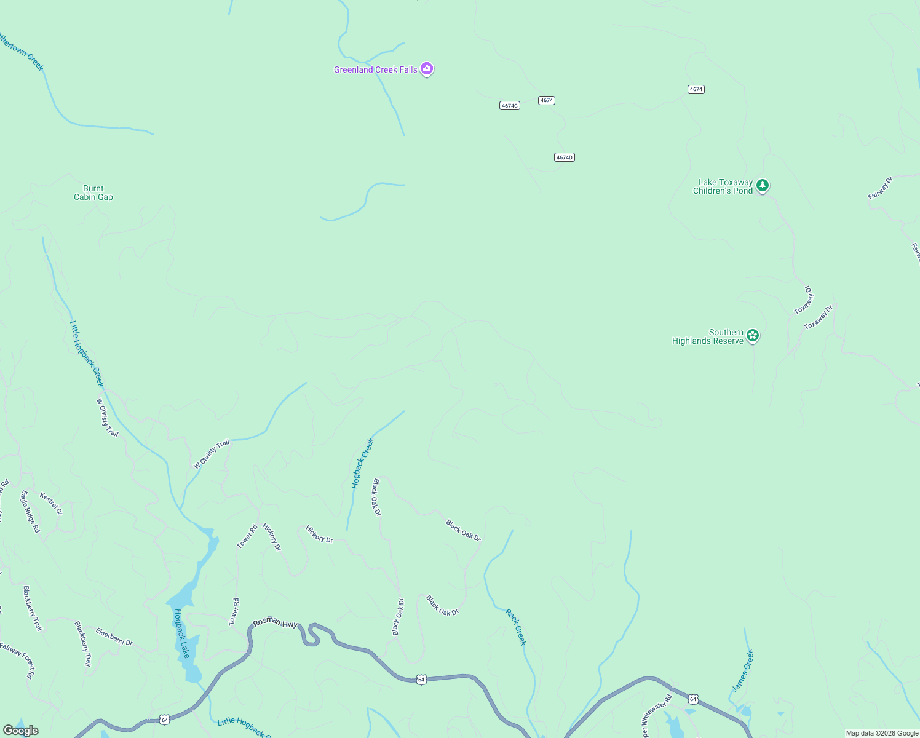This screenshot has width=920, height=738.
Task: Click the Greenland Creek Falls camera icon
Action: (427, 69)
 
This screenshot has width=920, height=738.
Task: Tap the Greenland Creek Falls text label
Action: (375, 70)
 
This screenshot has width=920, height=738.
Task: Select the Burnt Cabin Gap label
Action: (93, 193)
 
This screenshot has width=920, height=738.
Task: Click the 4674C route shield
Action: (510, 106)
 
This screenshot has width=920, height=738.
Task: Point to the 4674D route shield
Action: (564, 157)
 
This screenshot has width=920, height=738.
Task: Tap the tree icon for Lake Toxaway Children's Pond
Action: (763, 185)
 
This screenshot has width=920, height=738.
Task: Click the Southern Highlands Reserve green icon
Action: (753, 336)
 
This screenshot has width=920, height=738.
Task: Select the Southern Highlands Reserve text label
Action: (708, 337)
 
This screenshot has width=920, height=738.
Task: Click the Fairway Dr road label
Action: (880, 188)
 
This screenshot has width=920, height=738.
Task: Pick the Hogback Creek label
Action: (363, 464)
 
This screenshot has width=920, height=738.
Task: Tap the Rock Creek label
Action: (516, 627)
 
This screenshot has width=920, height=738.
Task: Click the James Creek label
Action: (743, 671)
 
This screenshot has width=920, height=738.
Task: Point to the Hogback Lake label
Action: (182, 633)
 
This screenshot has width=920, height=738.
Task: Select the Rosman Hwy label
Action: (276, 623)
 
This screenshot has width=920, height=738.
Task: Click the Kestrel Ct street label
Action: (51, 504)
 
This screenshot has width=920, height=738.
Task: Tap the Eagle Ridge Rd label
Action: (30, 511)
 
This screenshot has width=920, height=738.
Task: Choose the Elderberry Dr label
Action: (114, 637)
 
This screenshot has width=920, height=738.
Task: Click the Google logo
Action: (21, 731)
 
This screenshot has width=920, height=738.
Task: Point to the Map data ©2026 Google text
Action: (882, 733)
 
